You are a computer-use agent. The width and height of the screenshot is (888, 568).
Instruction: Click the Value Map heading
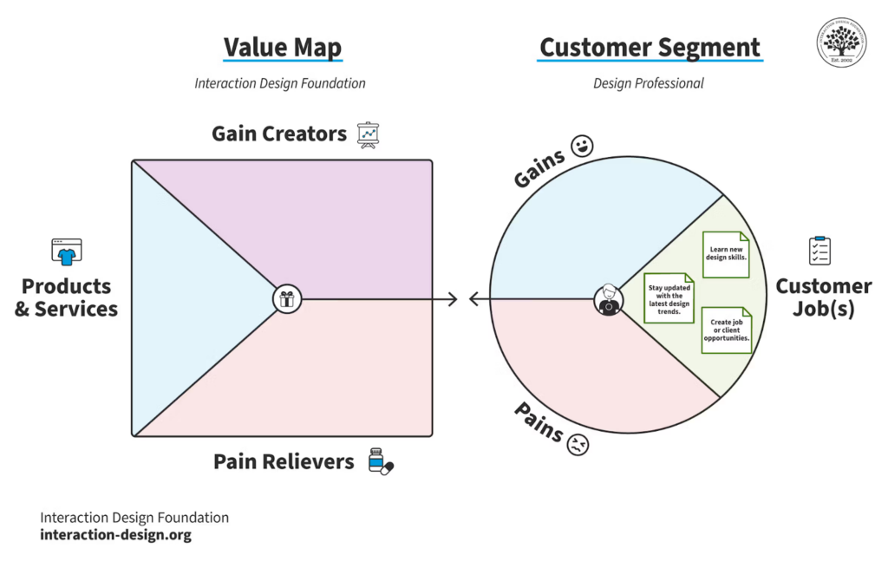coord(283,47)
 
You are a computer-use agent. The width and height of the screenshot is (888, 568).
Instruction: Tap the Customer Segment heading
coord(650,47)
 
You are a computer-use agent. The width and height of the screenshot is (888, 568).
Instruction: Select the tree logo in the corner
coord(841,42)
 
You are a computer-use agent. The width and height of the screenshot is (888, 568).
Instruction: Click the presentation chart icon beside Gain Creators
coord(369,135)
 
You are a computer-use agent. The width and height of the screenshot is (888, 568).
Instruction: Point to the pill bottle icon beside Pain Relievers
coord(379,461)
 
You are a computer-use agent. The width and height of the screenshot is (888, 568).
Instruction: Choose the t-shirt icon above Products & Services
coord(66,251)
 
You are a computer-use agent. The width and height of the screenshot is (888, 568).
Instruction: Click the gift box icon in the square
coord(286,299)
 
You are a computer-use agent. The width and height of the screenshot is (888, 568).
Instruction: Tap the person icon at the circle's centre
coord(608,300)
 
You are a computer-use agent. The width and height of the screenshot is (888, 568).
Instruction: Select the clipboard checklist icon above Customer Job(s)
coord(819,251)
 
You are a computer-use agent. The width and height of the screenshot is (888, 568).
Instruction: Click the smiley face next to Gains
coord(581,146)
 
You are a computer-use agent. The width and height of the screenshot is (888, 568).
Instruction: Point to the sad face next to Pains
coord(578,446)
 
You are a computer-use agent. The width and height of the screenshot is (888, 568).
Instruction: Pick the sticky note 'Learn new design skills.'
coord(726,254)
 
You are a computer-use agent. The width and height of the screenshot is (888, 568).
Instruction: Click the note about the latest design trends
coord(669,297)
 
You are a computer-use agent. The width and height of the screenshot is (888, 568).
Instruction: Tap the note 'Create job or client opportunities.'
coord(726,330)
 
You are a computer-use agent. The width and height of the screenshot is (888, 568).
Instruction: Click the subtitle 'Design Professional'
coord(649,84)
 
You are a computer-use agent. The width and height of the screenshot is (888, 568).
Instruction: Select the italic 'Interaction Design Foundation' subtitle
coord(280,84)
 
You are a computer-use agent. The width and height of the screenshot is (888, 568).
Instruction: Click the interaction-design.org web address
coord(115,535)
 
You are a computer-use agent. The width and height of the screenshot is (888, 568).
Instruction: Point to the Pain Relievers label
coord(284,461)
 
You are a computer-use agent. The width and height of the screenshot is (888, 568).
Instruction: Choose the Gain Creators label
coord(279,134)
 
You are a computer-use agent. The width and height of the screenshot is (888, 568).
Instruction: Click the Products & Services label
coord(66,297)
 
